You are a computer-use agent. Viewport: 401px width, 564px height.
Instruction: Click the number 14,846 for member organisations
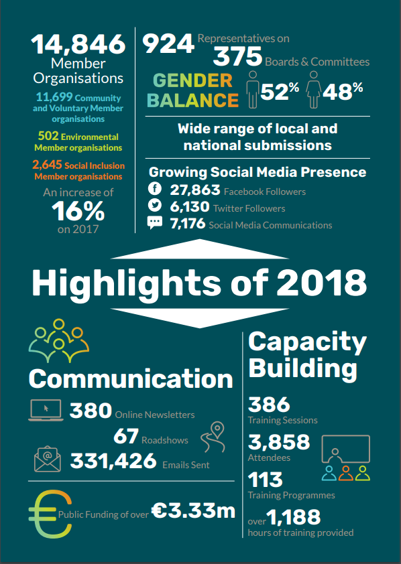[78, 45]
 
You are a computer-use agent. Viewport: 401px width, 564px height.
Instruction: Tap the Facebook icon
[155, 189]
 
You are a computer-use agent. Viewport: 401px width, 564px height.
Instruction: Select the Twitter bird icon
[155, 206]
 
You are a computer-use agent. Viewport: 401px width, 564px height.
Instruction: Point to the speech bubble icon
[155, 222]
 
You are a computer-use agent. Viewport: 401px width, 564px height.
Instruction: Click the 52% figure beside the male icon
[280, 91]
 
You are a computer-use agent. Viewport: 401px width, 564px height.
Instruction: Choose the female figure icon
[314, 89]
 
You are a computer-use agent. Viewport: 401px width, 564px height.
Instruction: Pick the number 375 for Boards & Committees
[237, 57]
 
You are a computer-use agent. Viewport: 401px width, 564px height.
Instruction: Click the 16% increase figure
[78, 211]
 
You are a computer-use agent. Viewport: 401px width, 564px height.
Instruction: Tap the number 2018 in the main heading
[321, 283]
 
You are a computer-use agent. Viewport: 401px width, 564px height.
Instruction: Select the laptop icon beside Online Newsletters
[46, 410]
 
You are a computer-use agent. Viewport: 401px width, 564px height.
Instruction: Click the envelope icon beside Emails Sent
[47, 459]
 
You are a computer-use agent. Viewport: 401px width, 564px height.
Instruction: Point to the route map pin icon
[213, 437]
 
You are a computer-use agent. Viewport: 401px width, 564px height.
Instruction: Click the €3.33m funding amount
[193, 510]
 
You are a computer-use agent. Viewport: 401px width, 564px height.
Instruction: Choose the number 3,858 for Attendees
[279, 442]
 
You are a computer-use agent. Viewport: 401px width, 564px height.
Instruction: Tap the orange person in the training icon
[346, 474]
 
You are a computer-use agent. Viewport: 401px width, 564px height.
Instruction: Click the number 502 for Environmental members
[48, 136]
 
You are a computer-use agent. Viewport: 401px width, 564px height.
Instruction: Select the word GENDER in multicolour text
[192, 80]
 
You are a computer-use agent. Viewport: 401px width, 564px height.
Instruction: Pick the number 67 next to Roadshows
[126, 436]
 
